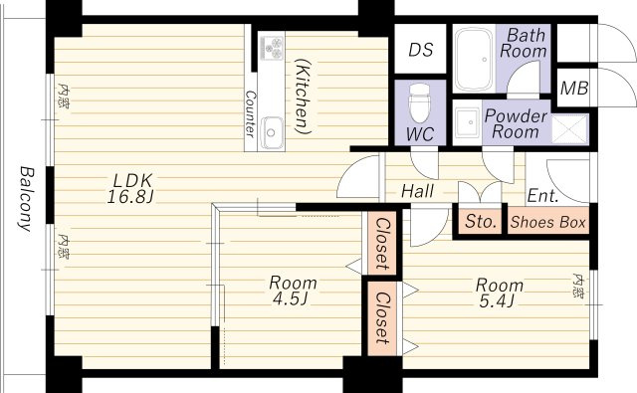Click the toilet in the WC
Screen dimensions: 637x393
[420, 103]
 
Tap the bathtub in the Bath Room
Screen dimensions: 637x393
[474, 60]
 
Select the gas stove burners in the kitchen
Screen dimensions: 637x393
[272, 48]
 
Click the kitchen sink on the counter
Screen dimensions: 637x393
[272, 132]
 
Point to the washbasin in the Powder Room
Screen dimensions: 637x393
[468, 122]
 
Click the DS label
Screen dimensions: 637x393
[420, 50]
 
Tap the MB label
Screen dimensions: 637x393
[574, 88]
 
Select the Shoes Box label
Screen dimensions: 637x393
[548, 222]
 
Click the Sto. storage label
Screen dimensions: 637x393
[481, 221]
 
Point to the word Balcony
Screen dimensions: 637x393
[27, 199]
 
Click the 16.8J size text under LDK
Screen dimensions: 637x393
[129, 197]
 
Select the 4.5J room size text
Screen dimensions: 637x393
[290, 299]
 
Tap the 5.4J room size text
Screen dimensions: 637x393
[496, 301]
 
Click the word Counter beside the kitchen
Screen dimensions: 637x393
[251, 113]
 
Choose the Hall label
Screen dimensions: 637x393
[417, 191]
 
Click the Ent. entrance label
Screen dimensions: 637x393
[542, 196]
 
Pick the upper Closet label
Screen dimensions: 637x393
[382, 244]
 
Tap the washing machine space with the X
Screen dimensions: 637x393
[569, 129]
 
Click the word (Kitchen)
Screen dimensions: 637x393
[303, 96]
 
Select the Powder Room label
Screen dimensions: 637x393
[516, 123]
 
